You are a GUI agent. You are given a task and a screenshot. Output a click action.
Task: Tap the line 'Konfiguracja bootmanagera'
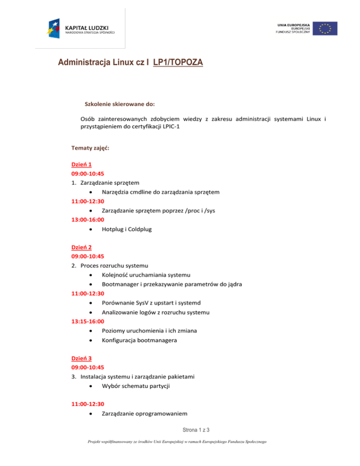[x=139, y=340]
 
